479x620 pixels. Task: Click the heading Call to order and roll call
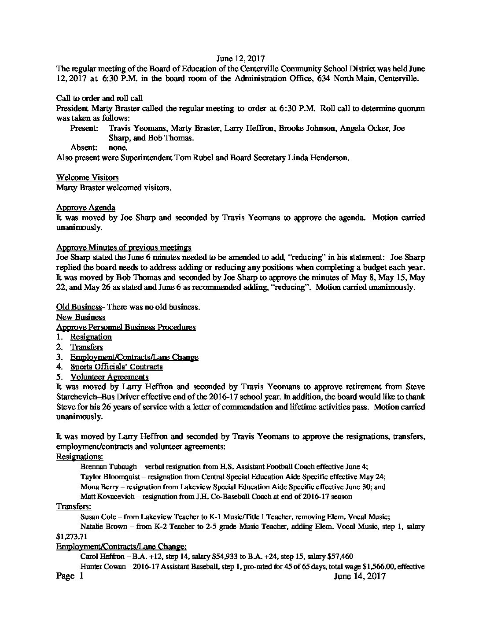99,98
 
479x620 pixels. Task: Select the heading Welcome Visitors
87,177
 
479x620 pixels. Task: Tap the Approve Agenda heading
86,207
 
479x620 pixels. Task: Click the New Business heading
81,317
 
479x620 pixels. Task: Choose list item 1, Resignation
91,337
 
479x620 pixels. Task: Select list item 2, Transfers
87,347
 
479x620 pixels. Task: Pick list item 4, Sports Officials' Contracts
117,367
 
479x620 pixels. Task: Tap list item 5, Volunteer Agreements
109,377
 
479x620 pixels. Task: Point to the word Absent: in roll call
84,148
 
